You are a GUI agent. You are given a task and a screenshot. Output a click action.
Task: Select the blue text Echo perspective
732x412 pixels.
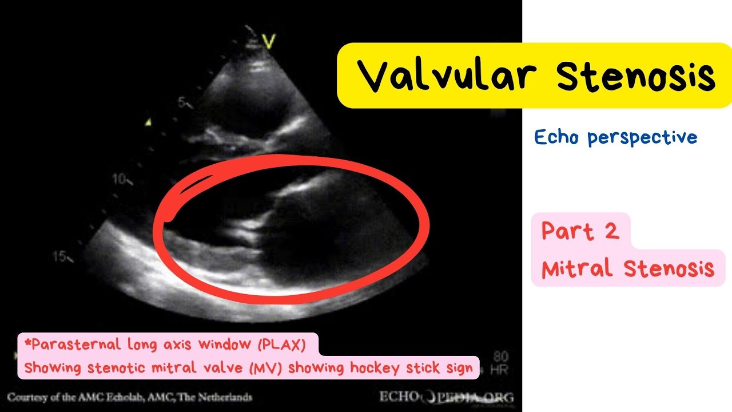coord(616,137)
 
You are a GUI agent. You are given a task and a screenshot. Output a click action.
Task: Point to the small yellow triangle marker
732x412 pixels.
coord(149,122)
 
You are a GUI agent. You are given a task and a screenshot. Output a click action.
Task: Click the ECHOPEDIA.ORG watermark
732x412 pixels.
coord(446,397)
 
